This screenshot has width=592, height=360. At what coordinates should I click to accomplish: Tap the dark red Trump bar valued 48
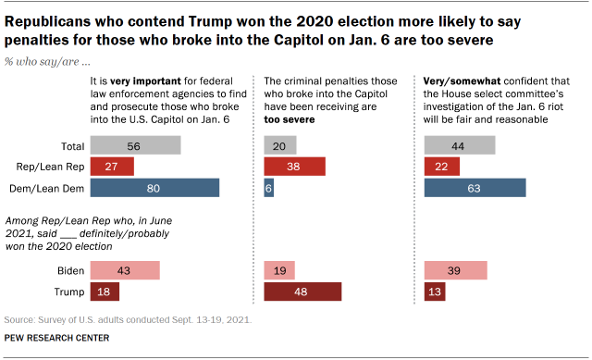pyautogui.click(x=302, y=292)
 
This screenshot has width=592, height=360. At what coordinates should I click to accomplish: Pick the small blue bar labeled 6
pyautogui.click(x=269, y=188)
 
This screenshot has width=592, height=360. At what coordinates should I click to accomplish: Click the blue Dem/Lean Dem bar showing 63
pyautogui.click(x=475, y=188)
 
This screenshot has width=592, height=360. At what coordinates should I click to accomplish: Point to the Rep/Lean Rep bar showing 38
pyautogui.click(x=294, y=167)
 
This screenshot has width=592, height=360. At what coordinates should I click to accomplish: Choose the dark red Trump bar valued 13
pyautogui.click(x=434, y=292)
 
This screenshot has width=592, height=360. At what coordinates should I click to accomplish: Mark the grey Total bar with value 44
pyautogui.click(x=459, y=145)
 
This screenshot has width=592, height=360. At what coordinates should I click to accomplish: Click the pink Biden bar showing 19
pyautogui.click(x=279, y=270)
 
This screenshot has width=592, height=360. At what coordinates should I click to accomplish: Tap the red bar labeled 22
pyautogui.click(x=441, y=167)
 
